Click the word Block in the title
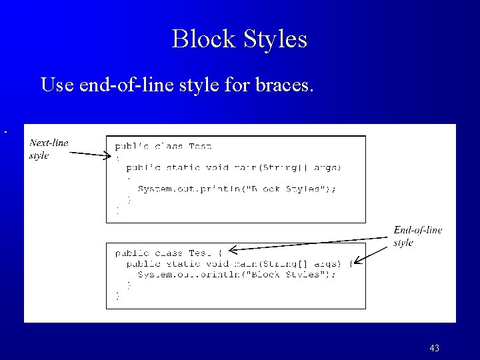pos(199,39)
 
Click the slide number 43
pos(434,348)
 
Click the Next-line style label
pos(48,149)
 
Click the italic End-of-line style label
pos(417,236)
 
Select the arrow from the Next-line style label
pos(90,155)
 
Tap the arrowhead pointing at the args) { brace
pos(357,262)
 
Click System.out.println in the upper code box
pos(180,189)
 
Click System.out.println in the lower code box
pos(180,274)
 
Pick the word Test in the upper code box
pos(201,146)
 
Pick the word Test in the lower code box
pos(201,253)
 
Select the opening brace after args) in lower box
pos(351,263)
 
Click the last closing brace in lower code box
pos(118,296)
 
